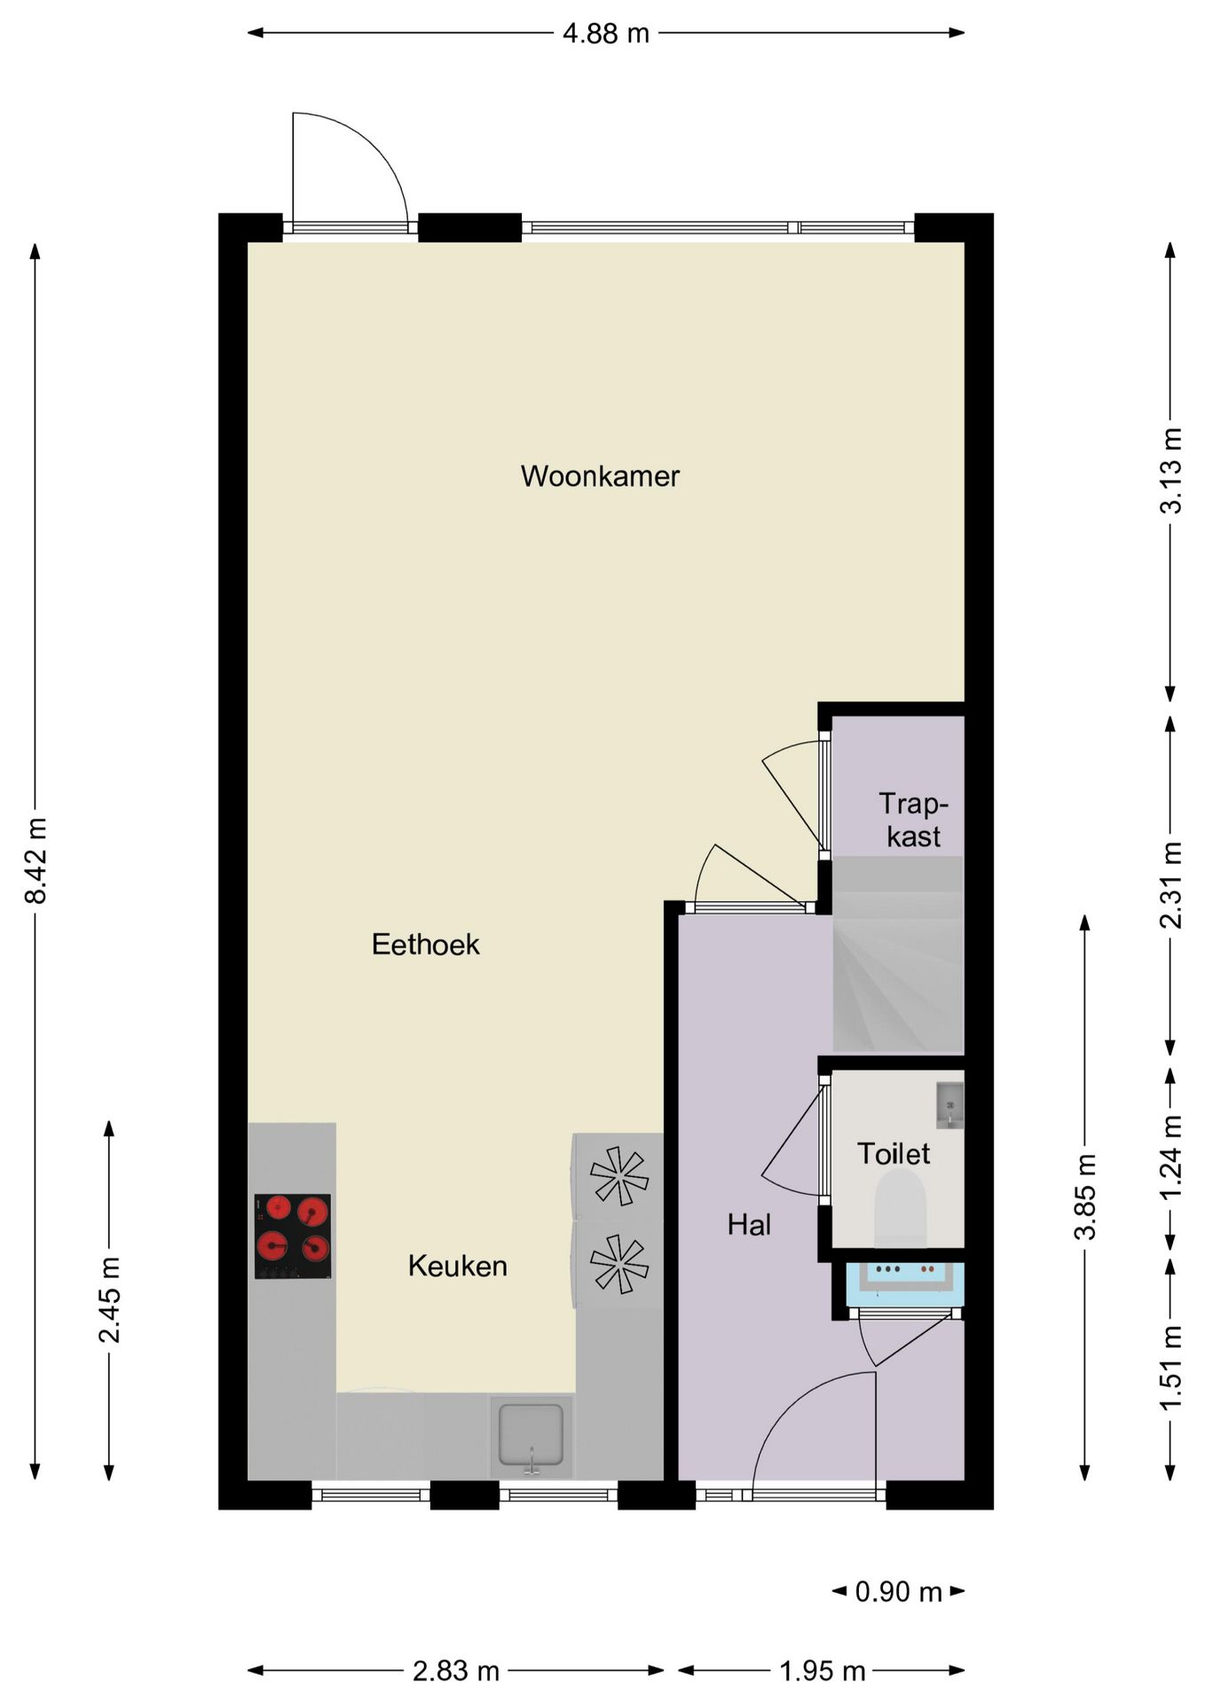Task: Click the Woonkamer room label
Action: point(600,476)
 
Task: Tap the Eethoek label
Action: point(426,945)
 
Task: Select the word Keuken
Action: point(458,1266)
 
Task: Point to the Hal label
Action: point(749,1225)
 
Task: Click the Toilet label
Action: point(894,1154)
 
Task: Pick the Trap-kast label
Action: point(914,820)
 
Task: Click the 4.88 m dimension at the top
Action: point(606,34)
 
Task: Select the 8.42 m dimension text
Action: point(36,860)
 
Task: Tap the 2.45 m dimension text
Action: point(110,1299)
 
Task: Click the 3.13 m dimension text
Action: point(1171,470)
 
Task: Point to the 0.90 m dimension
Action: point(898,1592)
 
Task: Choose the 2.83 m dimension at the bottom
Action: point(456,1672)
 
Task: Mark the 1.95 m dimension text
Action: point(823,1672)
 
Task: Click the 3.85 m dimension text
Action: point(1085,1197)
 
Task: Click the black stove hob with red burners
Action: point(293,1236)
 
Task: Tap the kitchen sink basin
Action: point(531,1434)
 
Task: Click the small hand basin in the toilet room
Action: point(949,1105)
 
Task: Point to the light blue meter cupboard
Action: point(905,1283)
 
